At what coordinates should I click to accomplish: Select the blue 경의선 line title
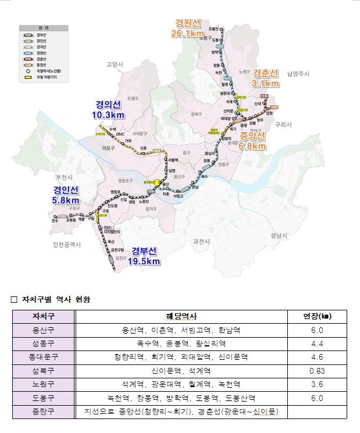click(109, 105)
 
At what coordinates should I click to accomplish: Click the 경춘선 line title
click(266, 73)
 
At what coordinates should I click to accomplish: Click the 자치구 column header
click(44, 316)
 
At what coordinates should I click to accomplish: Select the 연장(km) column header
click(318, 316)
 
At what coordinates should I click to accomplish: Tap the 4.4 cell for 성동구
click(318, 343)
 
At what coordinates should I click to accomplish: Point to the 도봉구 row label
click(44, 398)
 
